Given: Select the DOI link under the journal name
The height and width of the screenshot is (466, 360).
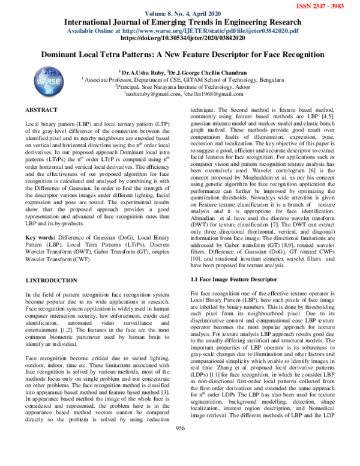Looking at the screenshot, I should (179, 37).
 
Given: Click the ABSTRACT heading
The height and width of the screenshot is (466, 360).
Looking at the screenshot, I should (41, 110).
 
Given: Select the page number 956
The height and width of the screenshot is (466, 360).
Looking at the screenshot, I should (179, 444).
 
